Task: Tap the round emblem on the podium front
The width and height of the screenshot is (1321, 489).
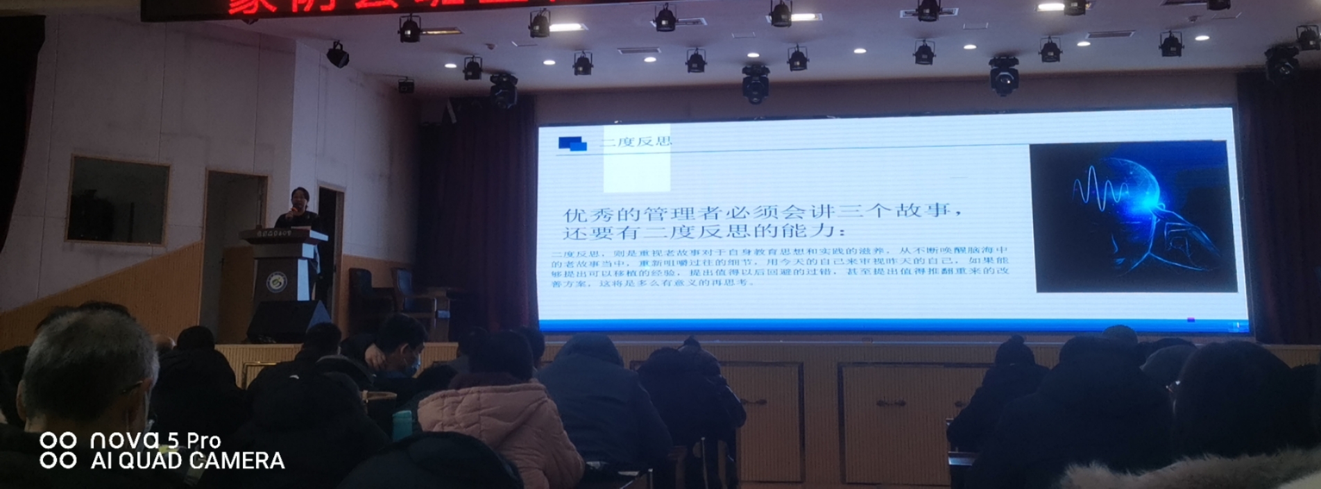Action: (278, 281)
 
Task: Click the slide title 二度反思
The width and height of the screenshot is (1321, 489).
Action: (636, 142)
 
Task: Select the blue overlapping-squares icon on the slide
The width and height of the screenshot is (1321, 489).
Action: (572, 144)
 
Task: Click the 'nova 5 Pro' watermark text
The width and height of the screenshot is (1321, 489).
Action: (155, 440)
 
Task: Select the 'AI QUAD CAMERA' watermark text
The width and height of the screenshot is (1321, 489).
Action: (187, 461)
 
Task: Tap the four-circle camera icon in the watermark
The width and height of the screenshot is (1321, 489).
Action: (58, 450)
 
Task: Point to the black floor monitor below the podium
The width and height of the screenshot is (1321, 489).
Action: (288, 321)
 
